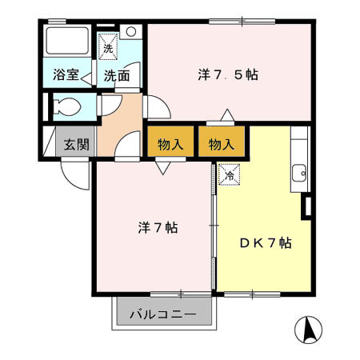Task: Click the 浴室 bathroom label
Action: coord(65,76)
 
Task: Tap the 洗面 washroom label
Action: coord(116,76)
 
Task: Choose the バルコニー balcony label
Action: coord(164,314)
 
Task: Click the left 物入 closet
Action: coord(170,145)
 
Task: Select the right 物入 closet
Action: coord(222,145)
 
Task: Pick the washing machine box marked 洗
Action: coord(108,46)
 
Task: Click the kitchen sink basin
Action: coord(300,172)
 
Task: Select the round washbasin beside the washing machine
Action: coord(132,33)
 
